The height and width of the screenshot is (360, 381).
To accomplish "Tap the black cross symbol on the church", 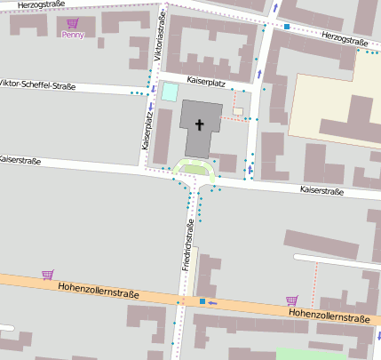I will [x=200, y=124].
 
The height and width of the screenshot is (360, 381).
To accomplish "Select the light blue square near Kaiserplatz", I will [x=169, y=92].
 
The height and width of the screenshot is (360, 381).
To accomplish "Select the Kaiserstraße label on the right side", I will [x=321, y=190].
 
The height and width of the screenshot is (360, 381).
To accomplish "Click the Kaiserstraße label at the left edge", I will [x=23, y=161].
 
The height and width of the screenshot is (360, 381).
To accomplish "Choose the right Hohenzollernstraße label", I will [x=329, y=316].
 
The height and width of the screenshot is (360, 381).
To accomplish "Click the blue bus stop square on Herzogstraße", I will [x=287, y=27].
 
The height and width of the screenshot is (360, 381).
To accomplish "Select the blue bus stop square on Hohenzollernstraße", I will [x=202, y=301].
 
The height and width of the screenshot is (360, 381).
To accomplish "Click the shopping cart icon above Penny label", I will [x=73, y=23].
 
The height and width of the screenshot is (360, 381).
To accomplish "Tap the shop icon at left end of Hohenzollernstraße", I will [x=47, y=275].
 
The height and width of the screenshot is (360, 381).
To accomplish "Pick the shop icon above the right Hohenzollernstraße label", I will [x=290, y=300].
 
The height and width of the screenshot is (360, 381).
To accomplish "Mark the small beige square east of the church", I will [x=238, y=111].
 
